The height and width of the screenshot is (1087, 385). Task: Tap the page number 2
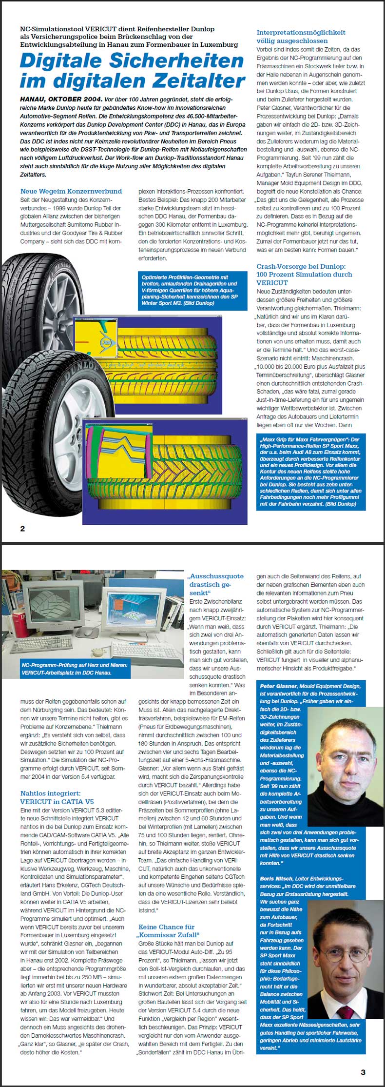[22, 529]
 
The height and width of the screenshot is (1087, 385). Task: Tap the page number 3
[363, 1072]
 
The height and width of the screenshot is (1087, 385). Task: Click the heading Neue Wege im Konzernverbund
[71, 191]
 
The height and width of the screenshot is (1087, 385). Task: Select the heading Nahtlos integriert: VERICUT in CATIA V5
[57, 797]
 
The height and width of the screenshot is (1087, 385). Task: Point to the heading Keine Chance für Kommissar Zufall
[169, 930]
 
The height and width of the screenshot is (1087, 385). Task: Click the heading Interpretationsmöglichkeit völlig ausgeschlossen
[301, 37]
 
